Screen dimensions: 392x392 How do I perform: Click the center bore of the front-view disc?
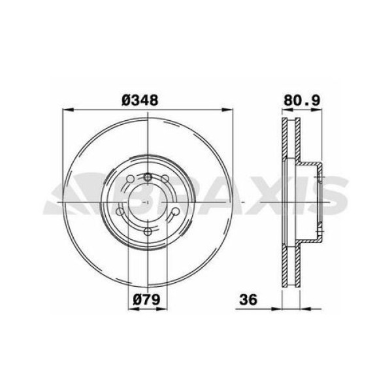pyautogui.click(x=149, y=203)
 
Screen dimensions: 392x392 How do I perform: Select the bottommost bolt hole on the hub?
pyautogui.click(x=149, y=231)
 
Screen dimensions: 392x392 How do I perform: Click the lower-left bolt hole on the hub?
pyautogui.click(x=122, y=212)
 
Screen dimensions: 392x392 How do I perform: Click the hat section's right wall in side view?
pyautogui.click(x=321, y=203)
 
